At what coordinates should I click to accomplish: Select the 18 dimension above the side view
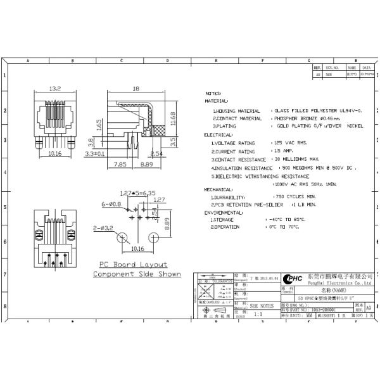click(136, 89)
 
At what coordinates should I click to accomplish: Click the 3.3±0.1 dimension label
click(96, 153)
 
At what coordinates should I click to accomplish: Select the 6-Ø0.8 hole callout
click(112, 205)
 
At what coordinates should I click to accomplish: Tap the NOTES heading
click(213, 92)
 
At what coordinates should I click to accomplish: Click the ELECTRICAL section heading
click(218, 135)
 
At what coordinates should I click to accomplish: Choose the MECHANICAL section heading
click(218, 189)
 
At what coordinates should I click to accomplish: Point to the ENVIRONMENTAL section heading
click(222, 212)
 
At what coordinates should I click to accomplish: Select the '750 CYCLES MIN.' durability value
click(292, 197)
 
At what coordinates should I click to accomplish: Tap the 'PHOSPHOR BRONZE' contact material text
click(294, 118)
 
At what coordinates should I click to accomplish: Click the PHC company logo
click(292, 279)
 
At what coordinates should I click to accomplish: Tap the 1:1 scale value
click(258, 313)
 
